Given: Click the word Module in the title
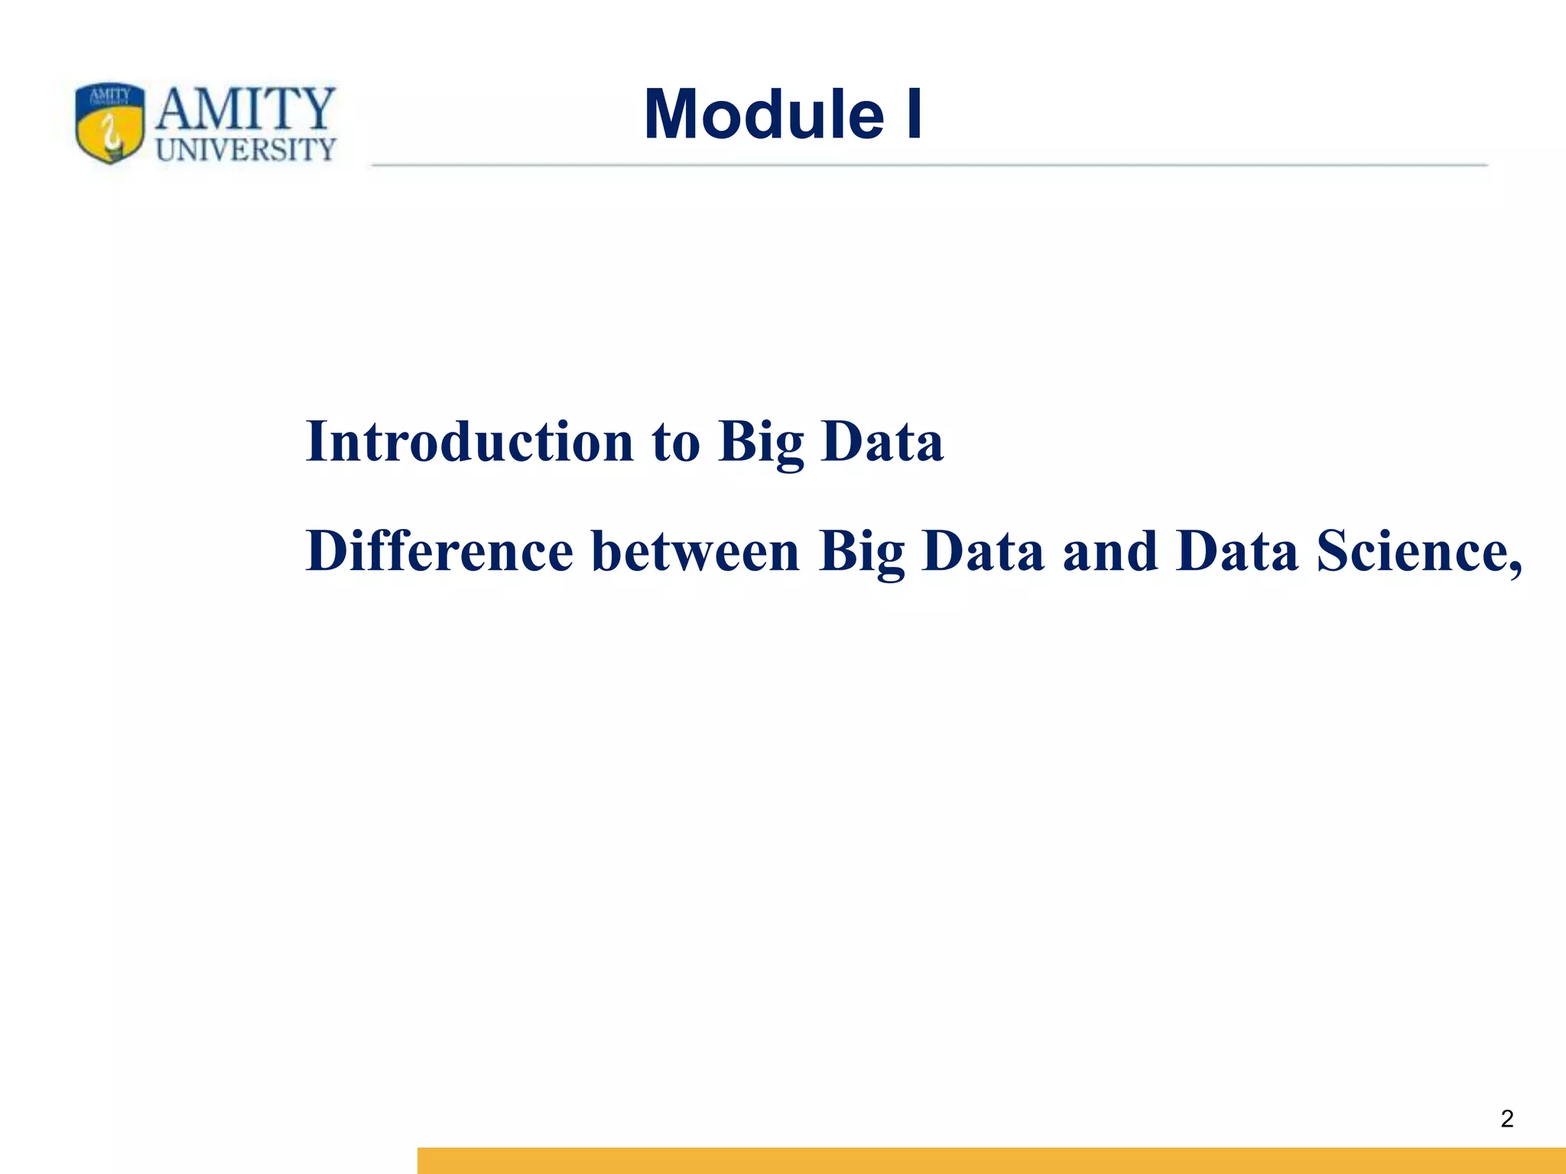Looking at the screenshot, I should pos(764,115).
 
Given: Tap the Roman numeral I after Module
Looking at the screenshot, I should pos(914,115).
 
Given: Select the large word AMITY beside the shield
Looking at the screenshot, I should pos(245,109).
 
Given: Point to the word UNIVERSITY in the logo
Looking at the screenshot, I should pos(245,150).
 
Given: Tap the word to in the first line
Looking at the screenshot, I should pos(676,443).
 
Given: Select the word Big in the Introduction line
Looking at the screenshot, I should pos(761,443).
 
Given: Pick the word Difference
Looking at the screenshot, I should pos(440,551).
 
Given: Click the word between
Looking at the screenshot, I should pos(695,551).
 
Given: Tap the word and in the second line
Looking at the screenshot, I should pos(1110,553).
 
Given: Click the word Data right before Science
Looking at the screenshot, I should pos(1237,551).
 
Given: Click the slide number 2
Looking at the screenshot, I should pos(1506,1119).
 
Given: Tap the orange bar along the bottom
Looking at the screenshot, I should pos(991,1160).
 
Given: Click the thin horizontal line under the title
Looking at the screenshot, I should pos(929,164).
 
